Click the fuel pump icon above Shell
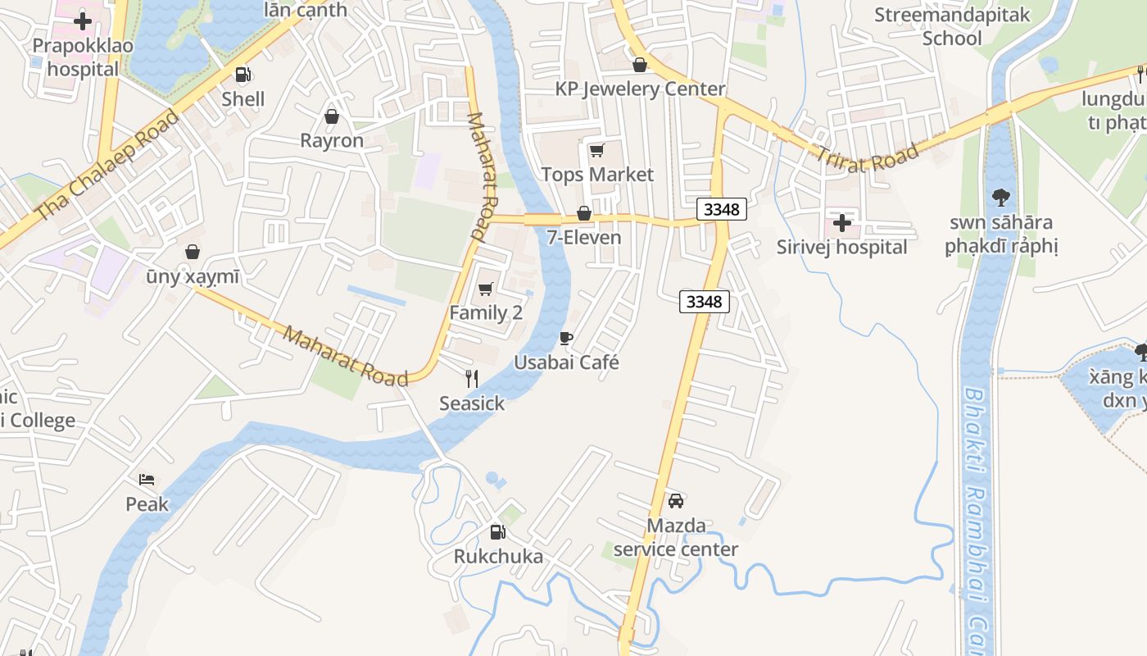point(243,75)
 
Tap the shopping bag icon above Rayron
point(332,116)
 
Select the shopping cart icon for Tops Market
point(596,150)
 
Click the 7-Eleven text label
point(584,238)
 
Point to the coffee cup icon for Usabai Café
point(565,338)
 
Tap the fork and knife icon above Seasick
point(471,378)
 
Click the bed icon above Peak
point(147,480)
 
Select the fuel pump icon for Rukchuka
point(497,532)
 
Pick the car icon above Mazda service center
point(676,500)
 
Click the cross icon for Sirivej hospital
point(842,222)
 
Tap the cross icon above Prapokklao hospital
point(82,21)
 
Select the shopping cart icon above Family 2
point(486,289)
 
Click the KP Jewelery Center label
point(640,89)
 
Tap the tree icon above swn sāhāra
point(1000,197)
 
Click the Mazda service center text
point(676,537)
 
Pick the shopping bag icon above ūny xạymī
point(193,251)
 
